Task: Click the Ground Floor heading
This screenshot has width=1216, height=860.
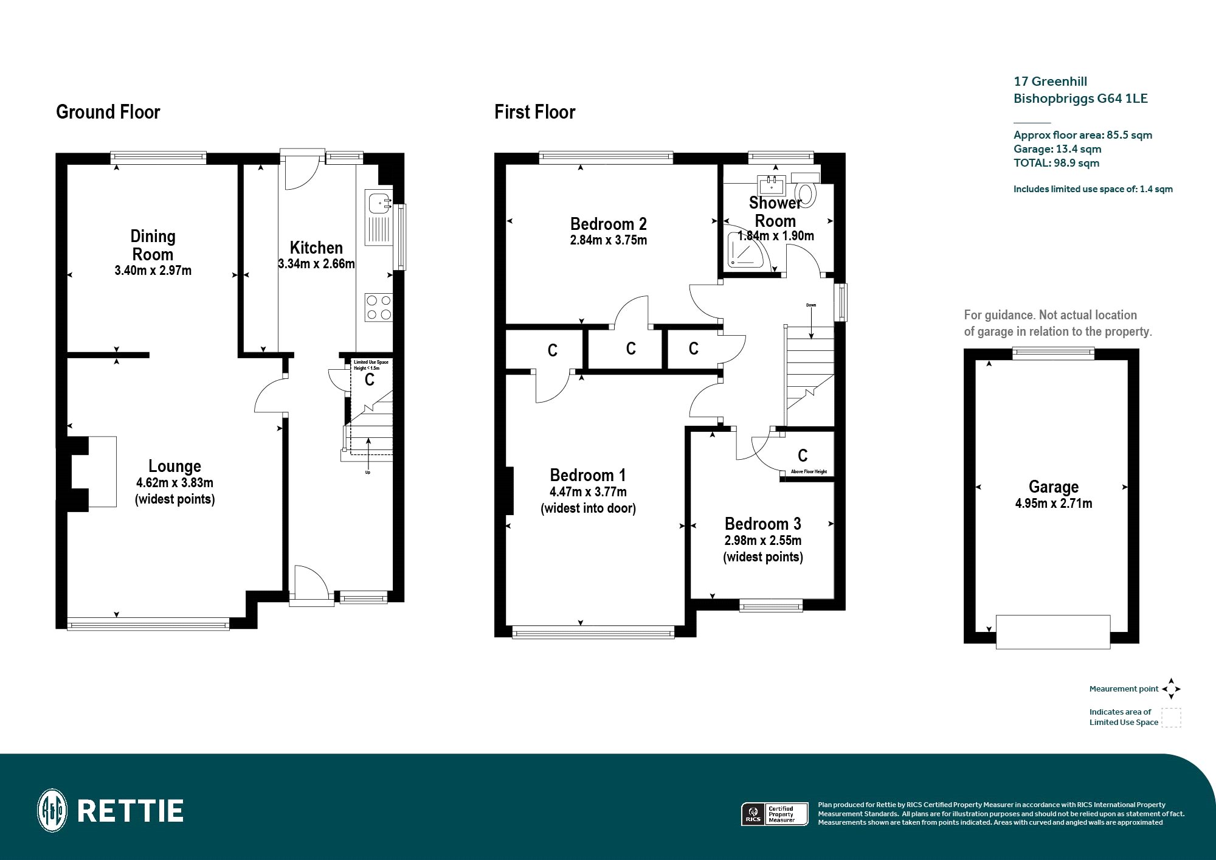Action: click(x=108, y=113)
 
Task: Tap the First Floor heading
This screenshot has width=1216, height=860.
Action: click(x=534, y=113)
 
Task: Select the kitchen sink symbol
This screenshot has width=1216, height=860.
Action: click(x=379, y=218)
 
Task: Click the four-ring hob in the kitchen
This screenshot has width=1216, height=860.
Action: click(x=379, y=307)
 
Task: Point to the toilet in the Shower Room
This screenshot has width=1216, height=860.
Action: click(x=806, y=189)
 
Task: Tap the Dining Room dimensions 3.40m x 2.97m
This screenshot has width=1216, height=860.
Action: click(x=153, y=271)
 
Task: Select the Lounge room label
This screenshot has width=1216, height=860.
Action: click(x=174, y=466)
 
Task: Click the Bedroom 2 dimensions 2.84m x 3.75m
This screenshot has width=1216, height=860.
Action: click(x=609, y=240)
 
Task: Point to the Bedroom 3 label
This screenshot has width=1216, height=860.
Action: click(x=763, y=524)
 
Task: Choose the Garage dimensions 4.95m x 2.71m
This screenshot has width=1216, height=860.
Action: click(x=1054, y=504)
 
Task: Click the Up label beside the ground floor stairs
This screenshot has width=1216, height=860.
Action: click(x=368, y=473)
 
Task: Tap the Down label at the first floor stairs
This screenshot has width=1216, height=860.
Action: click(x=811, y=305)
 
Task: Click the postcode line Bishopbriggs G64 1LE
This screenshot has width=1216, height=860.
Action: click(x=1080, y=99)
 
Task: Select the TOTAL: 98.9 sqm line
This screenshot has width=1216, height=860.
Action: click(x=1056, y=163)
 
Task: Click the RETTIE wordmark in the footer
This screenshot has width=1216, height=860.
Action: click(x=131, y=811)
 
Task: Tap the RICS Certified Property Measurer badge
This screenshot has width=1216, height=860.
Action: click(x=775, y=814)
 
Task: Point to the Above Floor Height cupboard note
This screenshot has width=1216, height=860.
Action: click(x=809, y=472)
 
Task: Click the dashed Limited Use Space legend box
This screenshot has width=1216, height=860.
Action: click(x=1171, y=718)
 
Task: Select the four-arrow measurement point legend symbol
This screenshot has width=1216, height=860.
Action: click(x=1171, y=689)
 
